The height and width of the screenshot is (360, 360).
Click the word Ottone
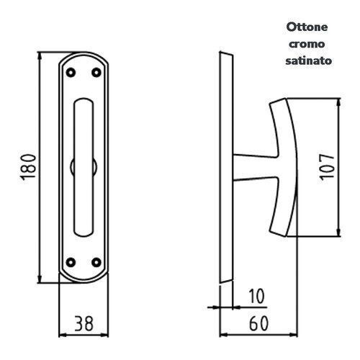click(x=308, y=27)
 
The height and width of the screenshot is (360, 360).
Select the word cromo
click(x=308, y=45)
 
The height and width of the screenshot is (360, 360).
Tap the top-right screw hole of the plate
click(x=96, y=71)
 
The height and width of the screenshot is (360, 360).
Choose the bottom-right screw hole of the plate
click(x=96, y=261)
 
